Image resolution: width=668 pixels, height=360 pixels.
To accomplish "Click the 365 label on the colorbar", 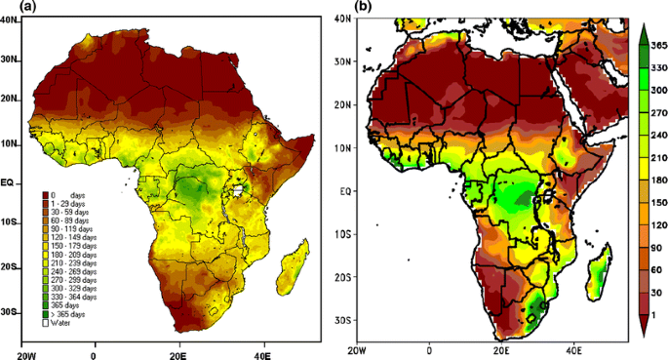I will click(658, 44).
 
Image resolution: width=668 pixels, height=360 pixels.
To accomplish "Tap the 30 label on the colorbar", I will click(656, 292).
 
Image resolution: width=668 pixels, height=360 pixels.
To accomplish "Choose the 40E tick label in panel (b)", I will click(572, 348).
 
